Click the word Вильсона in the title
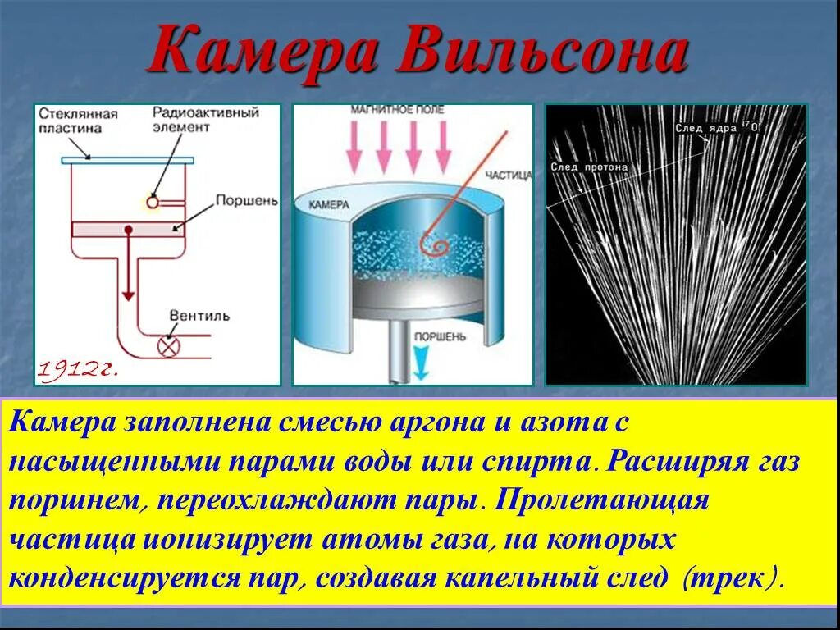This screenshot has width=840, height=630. click(544, 52)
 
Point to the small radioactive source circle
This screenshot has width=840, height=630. click(153, 201)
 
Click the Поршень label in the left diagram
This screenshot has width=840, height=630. click(247, 200)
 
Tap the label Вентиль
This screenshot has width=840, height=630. click(199, 315)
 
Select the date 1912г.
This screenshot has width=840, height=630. click(77, 369)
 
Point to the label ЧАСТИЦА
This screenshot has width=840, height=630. click(508, 175)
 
